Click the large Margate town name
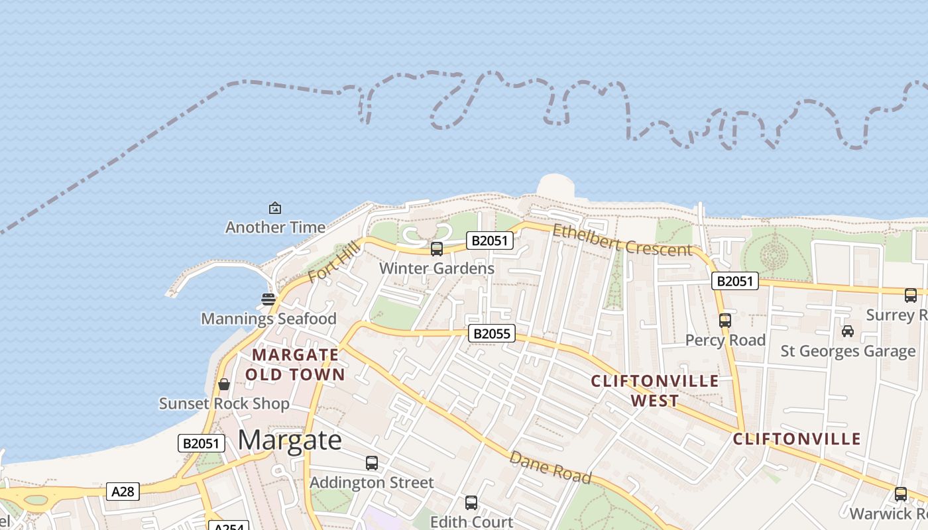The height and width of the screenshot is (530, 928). [290, 440]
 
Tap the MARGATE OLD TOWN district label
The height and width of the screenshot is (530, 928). [295, 365]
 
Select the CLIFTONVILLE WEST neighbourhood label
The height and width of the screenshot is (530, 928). [655, 391]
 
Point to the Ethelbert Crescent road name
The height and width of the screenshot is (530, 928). [622, 240]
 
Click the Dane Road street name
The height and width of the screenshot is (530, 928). [550, 467]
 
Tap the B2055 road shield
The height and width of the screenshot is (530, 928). [491, 333]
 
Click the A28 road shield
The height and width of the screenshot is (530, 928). [123, 492]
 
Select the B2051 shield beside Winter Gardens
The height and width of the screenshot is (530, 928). [490, 240]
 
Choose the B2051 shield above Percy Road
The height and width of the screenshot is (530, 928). [734, 281]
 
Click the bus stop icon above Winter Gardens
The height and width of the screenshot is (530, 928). [437, 249]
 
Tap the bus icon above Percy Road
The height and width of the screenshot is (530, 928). [725, 321]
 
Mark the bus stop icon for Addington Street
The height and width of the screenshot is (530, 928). [372, 463]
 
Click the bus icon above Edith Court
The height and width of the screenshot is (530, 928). [471, 503]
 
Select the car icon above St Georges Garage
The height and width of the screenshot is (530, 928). [848, 331]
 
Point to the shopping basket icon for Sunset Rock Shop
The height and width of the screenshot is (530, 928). [224, 384]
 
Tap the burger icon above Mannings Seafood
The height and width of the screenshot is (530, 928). [268, 299]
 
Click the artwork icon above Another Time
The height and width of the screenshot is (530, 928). [275, 208]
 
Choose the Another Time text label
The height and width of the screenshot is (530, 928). [275, 227]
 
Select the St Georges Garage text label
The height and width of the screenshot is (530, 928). [848, 350]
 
